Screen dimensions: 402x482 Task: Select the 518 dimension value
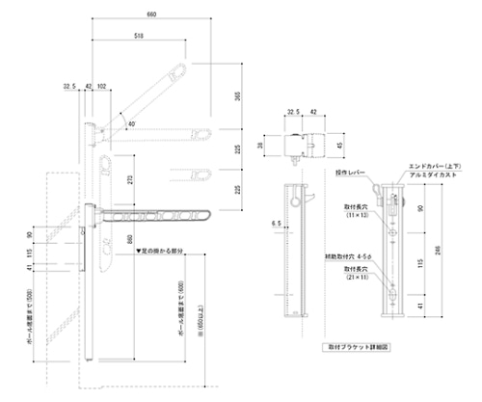point(142,36)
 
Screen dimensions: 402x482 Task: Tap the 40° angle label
point(129,122)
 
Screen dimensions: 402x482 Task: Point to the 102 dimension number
point(102,86)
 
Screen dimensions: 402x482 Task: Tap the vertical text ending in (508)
point(33,311)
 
